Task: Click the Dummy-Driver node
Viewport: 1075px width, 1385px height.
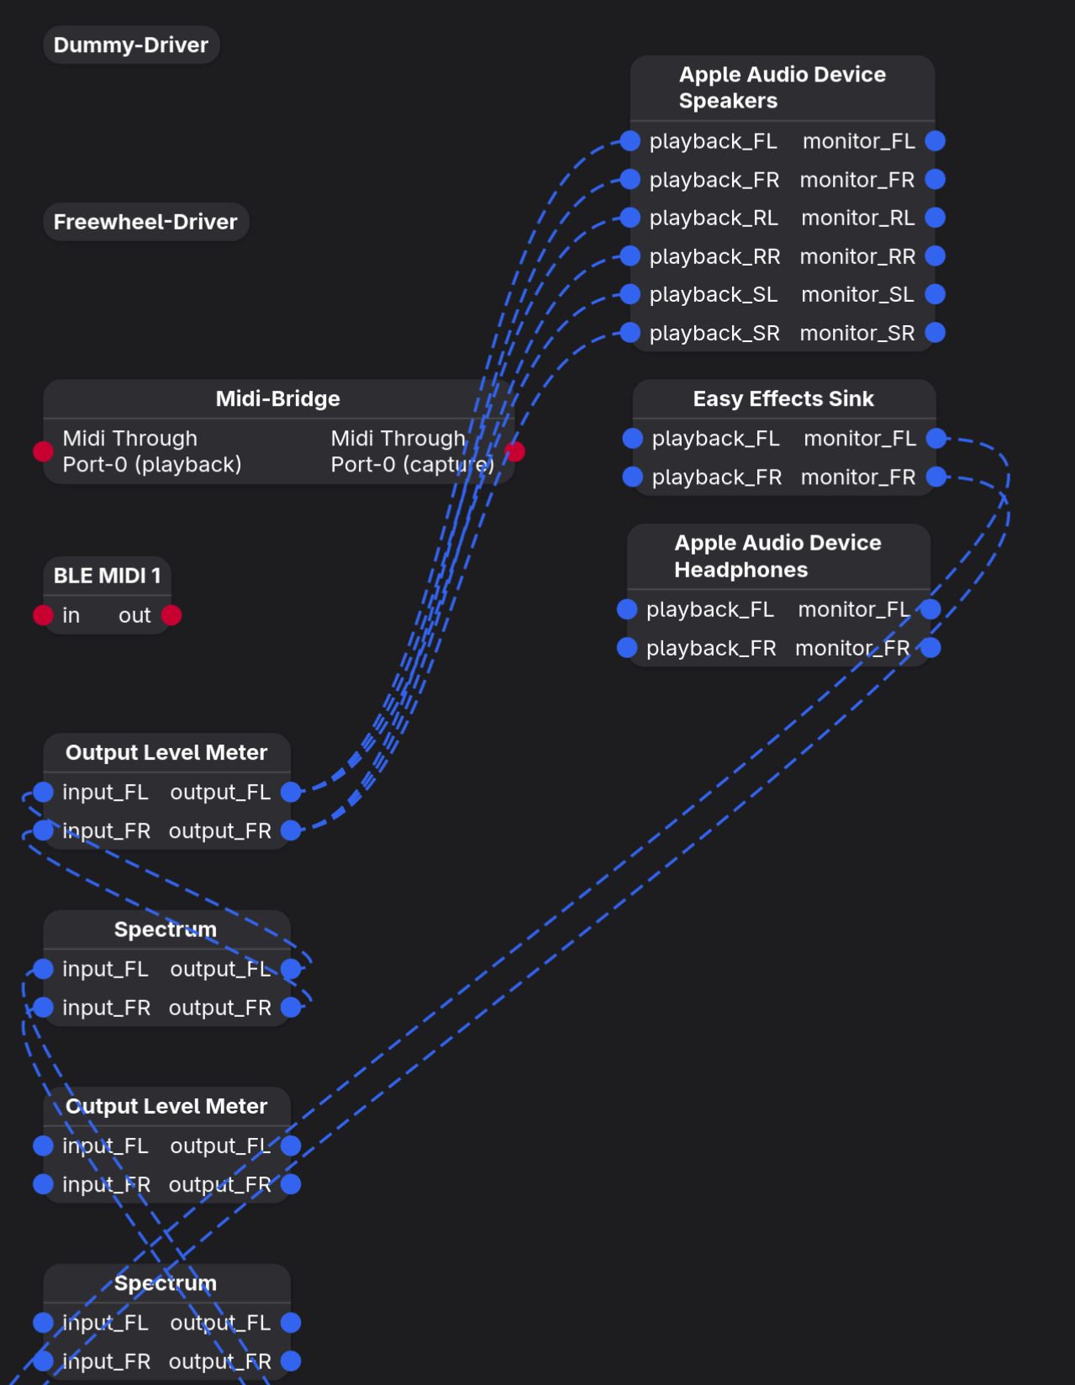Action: click(x=131, y=45)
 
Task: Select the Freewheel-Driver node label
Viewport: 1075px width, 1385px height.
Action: click(x=145, y=222)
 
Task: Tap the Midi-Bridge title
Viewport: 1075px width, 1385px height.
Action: click(x=277, y=398)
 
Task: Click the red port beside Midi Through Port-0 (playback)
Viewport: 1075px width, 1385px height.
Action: click(x=43, y=452)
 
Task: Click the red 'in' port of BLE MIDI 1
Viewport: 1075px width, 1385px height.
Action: click(x=43, y=615)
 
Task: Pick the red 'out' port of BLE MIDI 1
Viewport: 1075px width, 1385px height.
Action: click(x=171, y=615)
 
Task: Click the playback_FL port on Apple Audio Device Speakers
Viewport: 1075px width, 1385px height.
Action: click(x=630, y=140)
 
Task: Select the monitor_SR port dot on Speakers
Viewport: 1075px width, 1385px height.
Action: click(x=935, y=333)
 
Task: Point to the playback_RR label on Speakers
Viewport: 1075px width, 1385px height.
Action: click(x=714, y=256)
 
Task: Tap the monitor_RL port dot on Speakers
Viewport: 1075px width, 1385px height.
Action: click(x=935, y=218)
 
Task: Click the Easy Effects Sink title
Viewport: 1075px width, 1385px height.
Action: click(x=783, y=398)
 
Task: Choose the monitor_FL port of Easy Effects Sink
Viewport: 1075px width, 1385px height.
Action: click(x=936, y=438)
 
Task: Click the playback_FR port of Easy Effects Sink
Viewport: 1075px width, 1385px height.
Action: click(x=633, y=477)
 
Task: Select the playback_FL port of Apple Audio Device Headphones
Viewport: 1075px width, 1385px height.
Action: click(x=627, y=609)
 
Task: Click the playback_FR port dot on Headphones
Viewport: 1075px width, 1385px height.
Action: click(x=627, y=648)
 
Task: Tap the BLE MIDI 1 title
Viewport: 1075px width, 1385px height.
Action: click(x=107, y=576)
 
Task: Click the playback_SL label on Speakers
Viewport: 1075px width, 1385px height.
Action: click(x=714, y=294)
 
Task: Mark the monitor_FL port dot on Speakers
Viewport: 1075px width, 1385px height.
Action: click(x=935, y=140)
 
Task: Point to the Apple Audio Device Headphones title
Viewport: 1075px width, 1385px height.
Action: click(x=777, y=556)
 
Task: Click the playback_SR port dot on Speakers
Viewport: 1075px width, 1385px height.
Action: click(x=630, y=333)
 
